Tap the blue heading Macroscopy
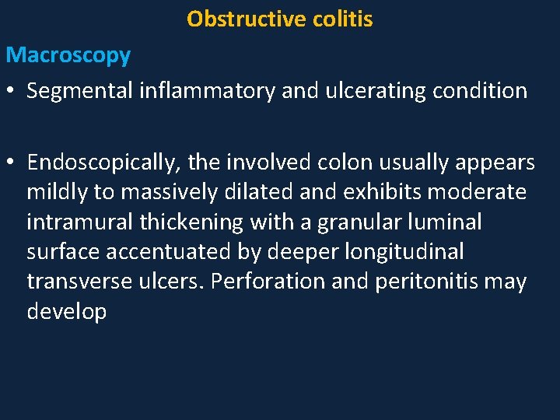(68, 56)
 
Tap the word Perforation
(269, 282)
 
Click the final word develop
(66, 312)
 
